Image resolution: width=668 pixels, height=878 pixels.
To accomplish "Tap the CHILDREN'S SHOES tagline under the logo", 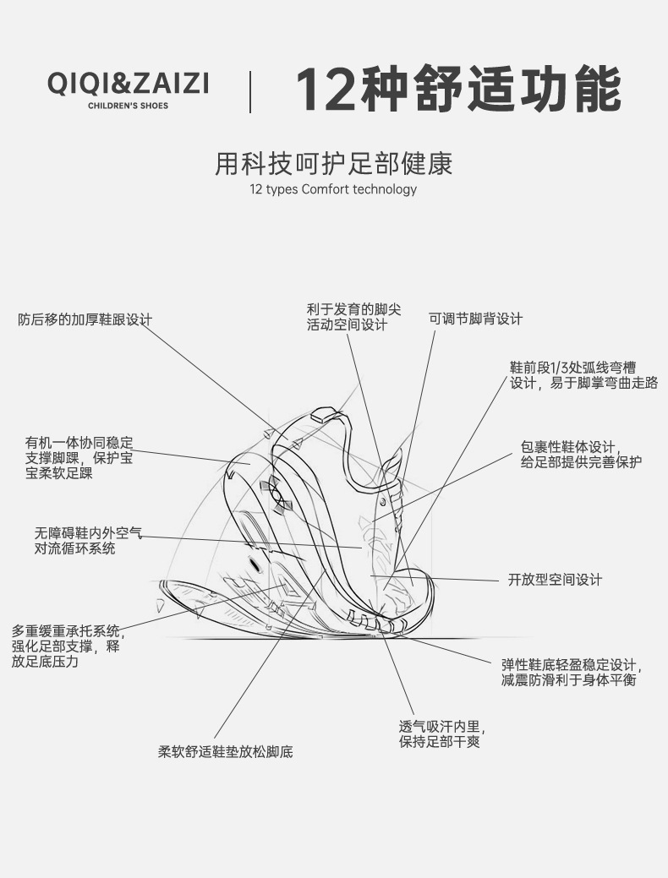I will tap(128, 106).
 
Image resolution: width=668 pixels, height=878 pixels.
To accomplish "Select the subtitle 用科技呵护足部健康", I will tap(334, 163).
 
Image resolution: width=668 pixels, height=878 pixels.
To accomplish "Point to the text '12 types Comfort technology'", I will tap(333, 188).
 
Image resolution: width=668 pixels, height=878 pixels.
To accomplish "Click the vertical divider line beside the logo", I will tap(250, 91).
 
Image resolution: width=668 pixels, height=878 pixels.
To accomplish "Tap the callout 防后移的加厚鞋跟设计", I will tap(85, 319).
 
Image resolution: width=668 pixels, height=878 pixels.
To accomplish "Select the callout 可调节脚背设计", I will tap(475, 319).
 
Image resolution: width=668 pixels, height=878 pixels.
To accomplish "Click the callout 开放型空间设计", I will tap(555, 580).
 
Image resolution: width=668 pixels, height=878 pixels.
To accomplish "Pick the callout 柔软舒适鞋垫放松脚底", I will tap(225, 751).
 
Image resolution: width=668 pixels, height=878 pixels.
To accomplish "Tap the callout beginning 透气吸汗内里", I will tap(441, 733).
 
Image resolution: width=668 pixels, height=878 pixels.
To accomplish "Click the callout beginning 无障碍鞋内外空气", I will tap(88, 541).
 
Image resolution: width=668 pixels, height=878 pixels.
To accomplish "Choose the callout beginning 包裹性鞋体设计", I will tap(581, 454).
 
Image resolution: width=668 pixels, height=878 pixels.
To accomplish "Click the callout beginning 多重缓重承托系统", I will tap(66, 646).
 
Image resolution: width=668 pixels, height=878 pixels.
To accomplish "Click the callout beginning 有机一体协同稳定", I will tap(78, 458).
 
